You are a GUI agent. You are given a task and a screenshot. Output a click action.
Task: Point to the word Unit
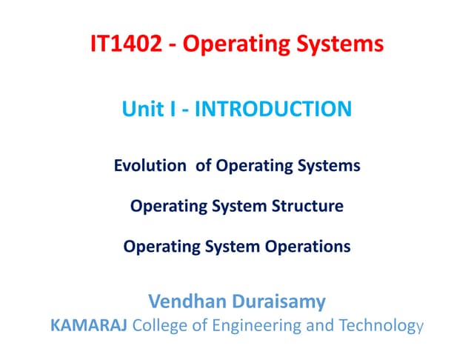143,110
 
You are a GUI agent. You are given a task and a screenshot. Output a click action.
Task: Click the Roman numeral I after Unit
170,110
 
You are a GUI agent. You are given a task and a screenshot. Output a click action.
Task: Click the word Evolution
150,166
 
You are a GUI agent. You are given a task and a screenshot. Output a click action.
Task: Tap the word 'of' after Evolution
204,166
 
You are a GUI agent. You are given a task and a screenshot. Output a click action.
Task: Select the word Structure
310,206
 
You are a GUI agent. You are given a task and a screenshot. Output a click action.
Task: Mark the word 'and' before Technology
315,324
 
